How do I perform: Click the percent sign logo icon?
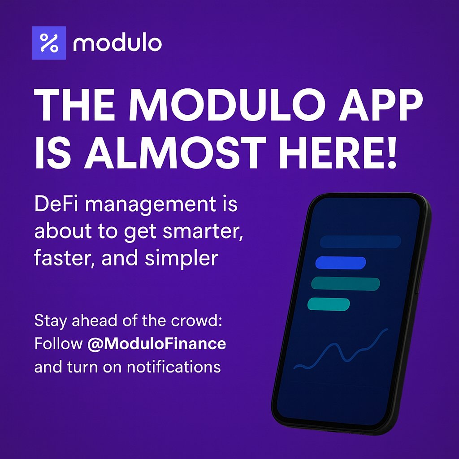[49, 43]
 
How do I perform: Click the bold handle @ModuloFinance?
[157, 344]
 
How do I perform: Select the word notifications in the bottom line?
[174, 367]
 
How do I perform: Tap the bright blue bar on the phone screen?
[341, 263]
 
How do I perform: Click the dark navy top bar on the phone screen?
[360, 242]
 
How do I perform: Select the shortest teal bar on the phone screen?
[329, 304]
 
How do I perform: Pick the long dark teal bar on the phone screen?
[346, 284]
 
